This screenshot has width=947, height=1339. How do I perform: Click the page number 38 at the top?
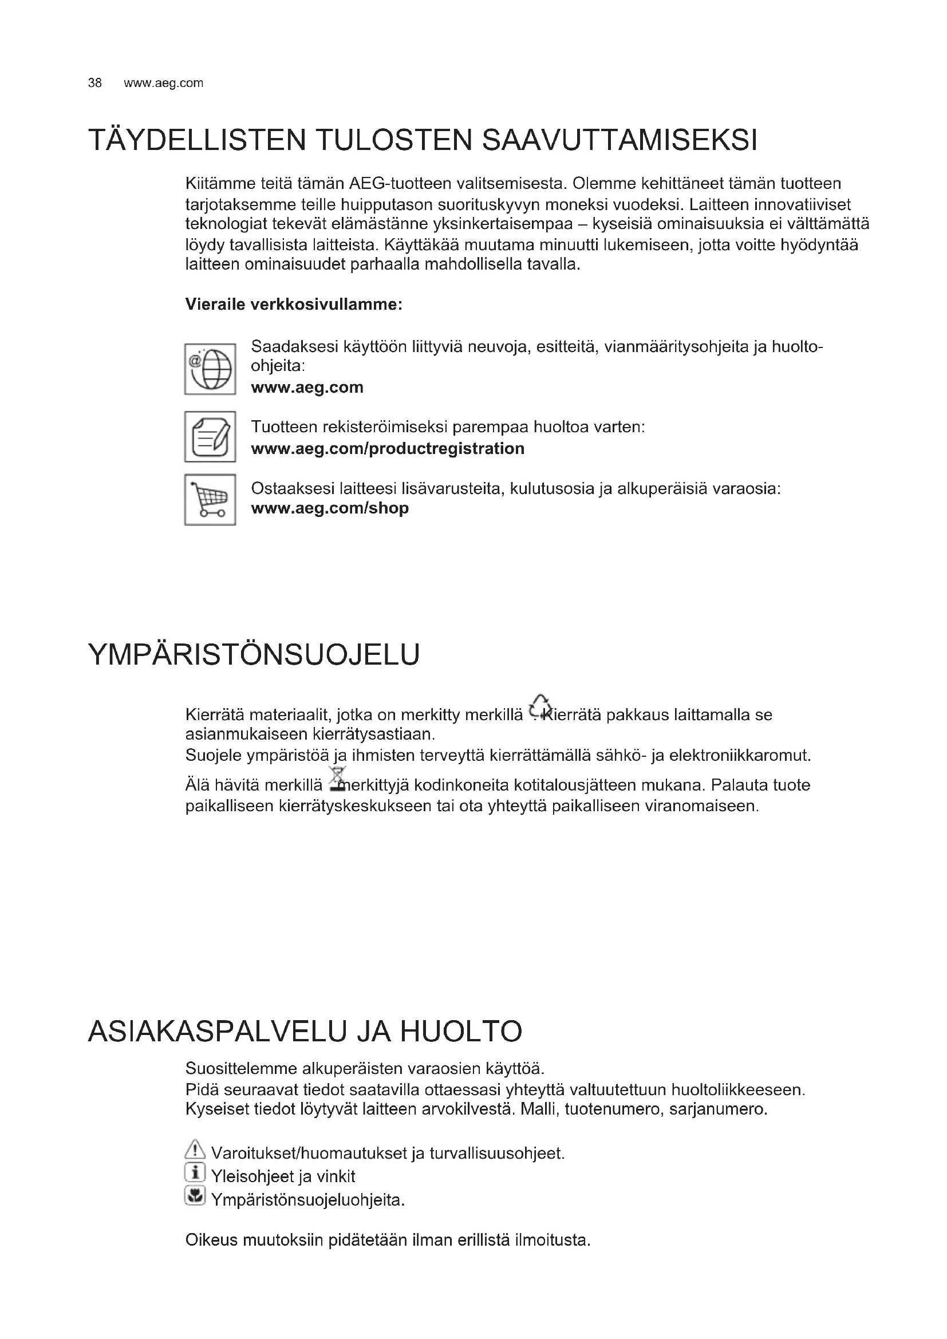pyautogui.click(x=94, y=83)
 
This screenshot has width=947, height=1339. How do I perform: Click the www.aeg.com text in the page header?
pyautogui.click(x=163, y=83)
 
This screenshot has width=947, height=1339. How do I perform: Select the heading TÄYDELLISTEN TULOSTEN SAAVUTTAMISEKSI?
pyautogui.click(x=423, y=140)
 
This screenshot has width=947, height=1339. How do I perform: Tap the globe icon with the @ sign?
pyautogui.click(x=210, y=369)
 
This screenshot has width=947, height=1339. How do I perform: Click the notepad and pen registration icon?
pyautogui.click(x=210, y=437)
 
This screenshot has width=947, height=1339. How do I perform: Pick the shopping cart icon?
pyautogui.click(x=210, y=500)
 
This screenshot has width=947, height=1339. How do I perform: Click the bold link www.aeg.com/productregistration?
pyautogui.click(x=387, y=448)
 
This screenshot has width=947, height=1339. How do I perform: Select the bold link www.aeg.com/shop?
pyautogui.click(x=329, y=508)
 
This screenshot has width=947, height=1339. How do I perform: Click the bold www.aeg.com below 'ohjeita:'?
pyautogui.click(x=307, y=387)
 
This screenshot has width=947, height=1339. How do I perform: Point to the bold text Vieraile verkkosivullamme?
pyautogui.click(x=293, y=305)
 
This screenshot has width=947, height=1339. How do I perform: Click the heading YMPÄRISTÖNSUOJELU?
pyautogui.click(x=254, y=654)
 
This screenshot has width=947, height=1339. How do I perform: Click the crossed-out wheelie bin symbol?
pyautogui.click(x=337, y=779)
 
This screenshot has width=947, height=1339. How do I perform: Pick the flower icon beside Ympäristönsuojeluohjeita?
pyautogui.click(x=195, y=1195)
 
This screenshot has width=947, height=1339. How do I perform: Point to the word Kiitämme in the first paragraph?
pyautogui.click(x=220, y=184)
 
